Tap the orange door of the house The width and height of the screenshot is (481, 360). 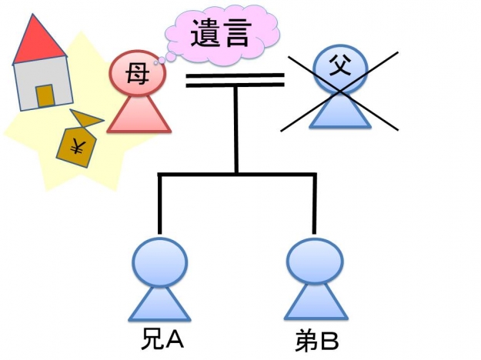pyautogui.click(x=45, y=95)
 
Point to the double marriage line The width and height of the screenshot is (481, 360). pyautogui.click(x=235, y=80)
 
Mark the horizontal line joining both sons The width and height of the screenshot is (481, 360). pyautogui.click(x=235, y=175)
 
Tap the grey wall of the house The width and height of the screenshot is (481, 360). pyautogui.click(x=27, y=85)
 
